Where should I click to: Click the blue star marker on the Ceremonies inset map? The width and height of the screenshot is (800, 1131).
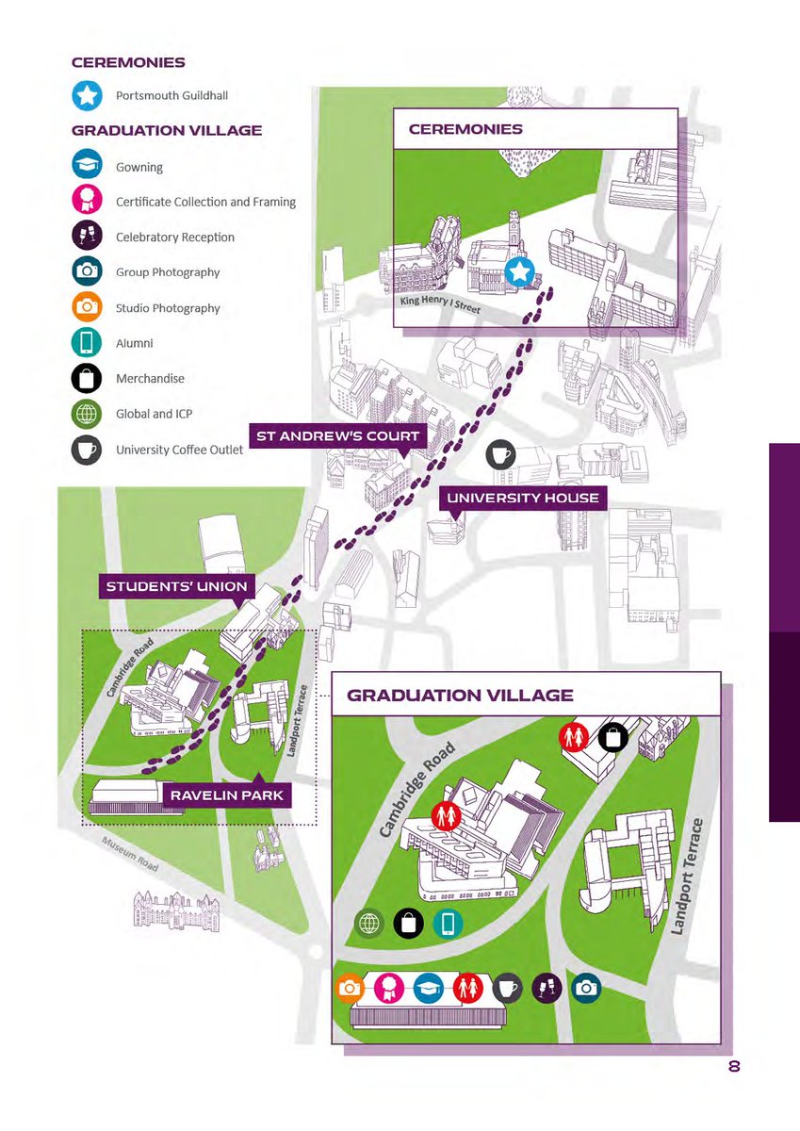coord(520,273)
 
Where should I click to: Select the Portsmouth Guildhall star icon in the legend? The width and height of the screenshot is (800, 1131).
coord(88,96)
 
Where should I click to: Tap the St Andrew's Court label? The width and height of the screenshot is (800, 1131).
coord(338,436)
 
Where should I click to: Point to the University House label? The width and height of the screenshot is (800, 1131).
coord(522,498)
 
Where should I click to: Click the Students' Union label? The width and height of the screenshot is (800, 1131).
coord(176,587)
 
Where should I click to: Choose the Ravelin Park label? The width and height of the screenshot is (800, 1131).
coord(227,796)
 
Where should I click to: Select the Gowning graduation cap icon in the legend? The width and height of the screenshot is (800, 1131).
coord(88,166)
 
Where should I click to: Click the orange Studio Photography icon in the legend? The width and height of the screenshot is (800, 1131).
coord(88,307)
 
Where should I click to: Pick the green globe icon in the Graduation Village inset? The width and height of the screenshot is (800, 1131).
coord(369,925)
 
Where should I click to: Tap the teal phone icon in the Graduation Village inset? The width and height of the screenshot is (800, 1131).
coord(449,925)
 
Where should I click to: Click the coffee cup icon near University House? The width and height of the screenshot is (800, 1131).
coord(499,455)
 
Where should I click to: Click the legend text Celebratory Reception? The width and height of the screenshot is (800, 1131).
coord(174,238)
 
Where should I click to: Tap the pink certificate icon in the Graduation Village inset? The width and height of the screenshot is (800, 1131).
coord(387,988)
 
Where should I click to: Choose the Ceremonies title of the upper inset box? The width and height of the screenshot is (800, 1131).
coord(465,129)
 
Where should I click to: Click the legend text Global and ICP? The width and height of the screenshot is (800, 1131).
coord(150,414)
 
